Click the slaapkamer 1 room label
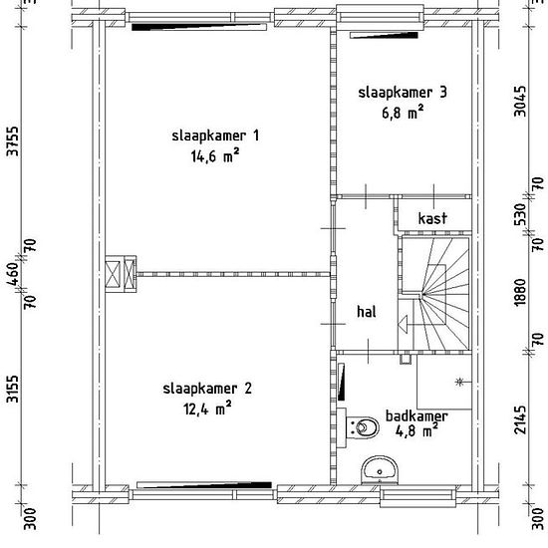click(215, 136)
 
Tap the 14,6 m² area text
click(215, 155)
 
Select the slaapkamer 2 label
click(207, 389)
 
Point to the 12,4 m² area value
click(207, 409)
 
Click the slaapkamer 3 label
click(403, 93)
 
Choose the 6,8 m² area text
click(403, 113)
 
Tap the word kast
click(432, 218)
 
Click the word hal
click(367, 312)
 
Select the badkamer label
click(416, 415)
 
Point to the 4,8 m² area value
click(416, 430)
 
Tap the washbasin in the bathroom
click(380, 470)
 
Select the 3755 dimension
click(13, 141)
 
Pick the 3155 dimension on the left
click(13, 389)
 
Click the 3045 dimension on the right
click(520, 102)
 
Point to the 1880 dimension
click(520, 292)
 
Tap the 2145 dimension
click(520, 419)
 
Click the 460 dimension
click(13, 274)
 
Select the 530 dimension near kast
click(520, 214)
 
